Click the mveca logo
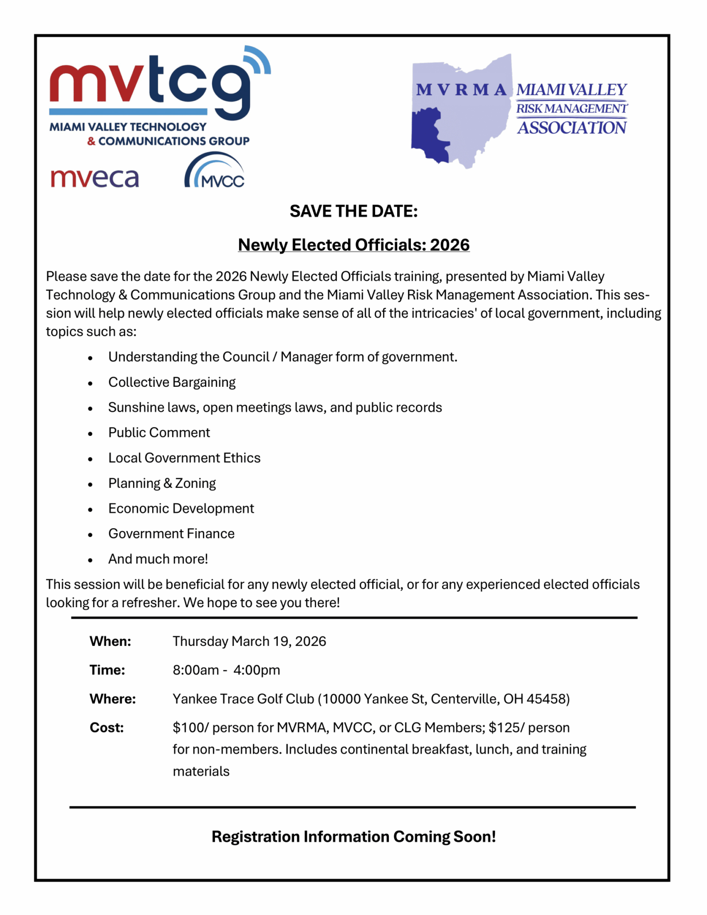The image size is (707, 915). [95, 178]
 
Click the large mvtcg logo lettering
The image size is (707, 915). [150, 81]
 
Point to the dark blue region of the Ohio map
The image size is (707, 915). [427, 135]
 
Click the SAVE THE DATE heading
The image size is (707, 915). [353, 211]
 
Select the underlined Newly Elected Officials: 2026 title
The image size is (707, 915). [353, 244]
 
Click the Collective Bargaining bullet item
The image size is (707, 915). [172, 382]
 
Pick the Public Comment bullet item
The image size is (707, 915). [159, 432]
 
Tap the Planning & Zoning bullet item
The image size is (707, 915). [162, 483]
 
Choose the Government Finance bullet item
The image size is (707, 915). [171, 534]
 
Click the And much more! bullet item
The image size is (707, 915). [158, 559]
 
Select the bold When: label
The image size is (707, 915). [110, 642]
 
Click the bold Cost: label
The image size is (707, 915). [107, 727]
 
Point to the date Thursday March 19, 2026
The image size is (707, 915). [249, 642]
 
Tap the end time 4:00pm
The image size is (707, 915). [256, 670]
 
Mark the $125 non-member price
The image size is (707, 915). [505, 727]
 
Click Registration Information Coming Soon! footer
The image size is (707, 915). [353, 836]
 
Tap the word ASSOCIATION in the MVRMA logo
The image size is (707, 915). [572, 128]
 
